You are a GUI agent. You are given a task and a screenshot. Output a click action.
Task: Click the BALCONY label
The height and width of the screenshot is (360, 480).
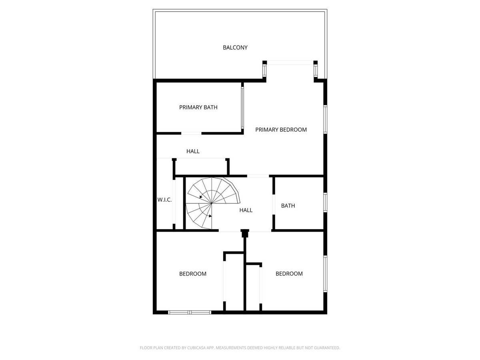235,48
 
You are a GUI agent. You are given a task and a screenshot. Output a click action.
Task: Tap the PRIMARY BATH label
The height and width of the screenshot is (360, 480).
198,107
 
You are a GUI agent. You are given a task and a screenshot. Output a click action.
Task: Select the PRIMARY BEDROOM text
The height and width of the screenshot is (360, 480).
281,130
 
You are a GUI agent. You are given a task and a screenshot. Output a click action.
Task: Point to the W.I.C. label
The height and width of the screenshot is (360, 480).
164,200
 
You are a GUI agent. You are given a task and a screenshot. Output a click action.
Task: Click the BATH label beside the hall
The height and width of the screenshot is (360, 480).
288,206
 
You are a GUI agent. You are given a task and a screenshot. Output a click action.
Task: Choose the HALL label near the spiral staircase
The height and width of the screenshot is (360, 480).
246,210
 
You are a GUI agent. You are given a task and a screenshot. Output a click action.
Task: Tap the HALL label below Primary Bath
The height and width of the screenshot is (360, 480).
193,151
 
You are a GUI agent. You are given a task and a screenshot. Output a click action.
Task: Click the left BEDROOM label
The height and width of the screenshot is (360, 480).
193,274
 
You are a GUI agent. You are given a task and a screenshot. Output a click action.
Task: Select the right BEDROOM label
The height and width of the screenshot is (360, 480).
289,274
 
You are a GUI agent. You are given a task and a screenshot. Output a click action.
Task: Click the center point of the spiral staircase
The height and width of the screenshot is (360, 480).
212,203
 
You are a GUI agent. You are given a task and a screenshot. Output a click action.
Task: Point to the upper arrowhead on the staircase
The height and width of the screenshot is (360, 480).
201,197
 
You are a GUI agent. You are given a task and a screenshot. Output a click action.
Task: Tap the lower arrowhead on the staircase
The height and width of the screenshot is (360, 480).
210,216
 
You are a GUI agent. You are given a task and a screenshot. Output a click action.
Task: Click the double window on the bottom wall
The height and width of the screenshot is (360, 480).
190,312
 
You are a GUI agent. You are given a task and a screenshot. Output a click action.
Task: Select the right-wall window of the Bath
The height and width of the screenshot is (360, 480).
325,202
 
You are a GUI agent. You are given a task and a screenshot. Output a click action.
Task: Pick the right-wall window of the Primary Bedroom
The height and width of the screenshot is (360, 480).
325,119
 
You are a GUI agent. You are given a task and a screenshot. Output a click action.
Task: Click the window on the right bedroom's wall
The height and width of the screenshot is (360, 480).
325,274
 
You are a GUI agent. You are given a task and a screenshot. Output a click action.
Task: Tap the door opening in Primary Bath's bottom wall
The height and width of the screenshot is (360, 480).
191,133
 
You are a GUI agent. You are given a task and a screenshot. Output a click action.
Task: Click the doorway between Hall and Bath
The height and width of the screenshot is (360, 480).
274,204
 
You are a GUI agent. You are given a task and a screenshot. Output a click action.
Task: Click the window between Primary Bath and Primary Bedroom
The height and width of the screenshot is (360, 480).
242,108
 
